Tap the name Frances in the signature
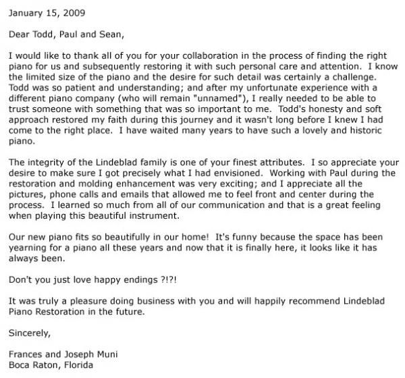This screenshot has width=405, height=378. [27, 354]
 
